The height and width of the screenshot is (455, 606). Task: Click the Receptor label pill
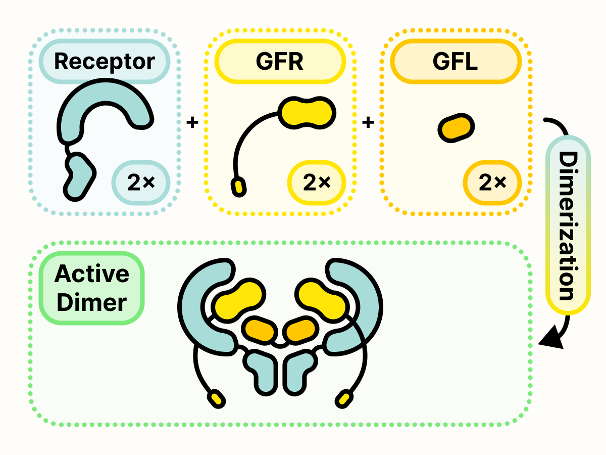coord(105,61)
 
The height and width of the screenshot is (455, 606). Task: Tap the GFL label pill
coord(456,61)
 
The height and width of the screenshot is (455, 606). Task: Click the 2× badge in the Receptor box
coord(141,184)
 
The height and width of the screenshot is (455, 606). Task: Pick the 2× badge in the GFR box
coord(317,184)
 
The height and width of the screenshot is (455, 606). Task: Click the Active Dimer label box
coord(91,288)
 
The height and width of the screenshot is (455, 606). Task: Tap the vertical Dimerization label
coord(568,225)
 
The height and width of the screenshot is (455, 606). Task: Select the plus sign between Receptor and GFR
coord(192,122)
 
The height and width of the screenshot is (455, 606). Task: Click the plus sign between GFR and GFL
coord(369,122)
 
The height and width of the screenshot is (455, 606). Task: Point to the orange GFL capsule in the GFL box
coord(456,128)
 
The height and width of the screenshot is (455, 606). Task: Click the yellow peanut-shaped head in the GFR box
coord(307,112)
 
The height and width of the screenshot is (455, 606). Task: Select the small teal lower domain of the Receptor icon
coord(78,176)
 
